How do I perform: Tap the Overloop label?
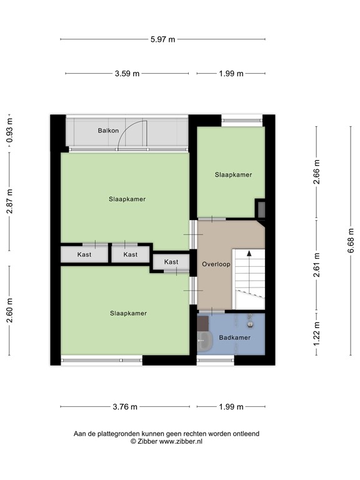coord(216,264)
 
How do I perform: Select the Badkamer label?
coord(234,338)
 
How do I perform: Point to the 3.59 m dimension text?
coord(127,74)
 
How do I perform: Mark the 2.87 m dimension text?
coord(9,202)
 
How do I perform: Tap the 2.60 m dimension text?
coord(9,309)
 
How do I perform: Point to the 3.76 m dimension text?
coord(124,407)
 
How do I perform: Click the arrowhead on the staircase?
coord(249,254)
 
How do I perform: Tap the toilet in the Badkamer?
coord(204,341)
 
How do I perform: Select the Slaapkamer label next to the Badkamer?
coord(128,313)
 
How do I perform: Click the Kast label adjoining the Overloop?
coord(171,262)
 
